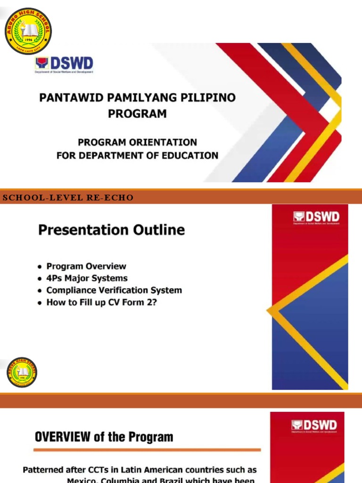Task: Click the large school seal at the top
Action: pos(28,31)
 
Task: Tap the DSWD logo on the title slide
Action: pos(64,65)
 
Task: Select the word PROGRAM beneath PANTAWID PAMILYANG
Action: pos(137,114)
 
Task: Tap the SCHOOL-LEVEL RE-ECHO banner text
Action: pos(68,198)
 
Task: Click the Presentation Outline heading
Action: pos(111,230)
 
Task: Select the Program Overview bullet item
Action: pos(86,266)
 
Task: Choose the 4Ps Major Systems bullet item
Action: pos(87,278)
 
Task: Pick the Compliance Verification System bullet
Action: pos(114,290)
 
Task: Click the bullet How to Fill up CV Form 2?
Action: pos(101,302)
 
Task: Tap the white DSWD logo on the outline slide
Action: pos(316,217)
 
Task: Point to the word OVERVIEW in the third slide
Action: pos(63,437)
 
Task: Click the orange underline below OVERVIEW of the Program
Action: pos(147,450)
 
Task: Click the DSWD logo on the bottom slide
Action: pos(314,425)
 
